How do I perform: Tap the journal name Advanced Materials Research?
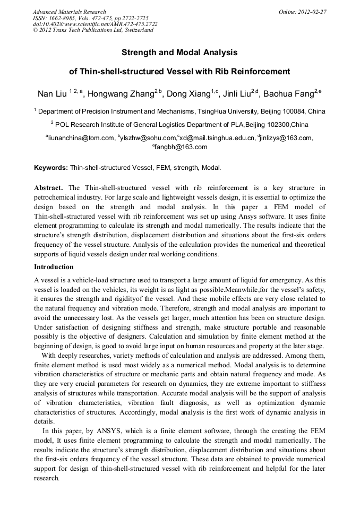click(69, 12)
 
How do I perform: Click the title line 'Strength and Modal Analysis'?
click(179, 53)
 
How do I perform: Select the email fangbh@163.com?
click(181, 148)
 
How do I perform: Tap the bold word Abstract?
click(48, 188)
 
